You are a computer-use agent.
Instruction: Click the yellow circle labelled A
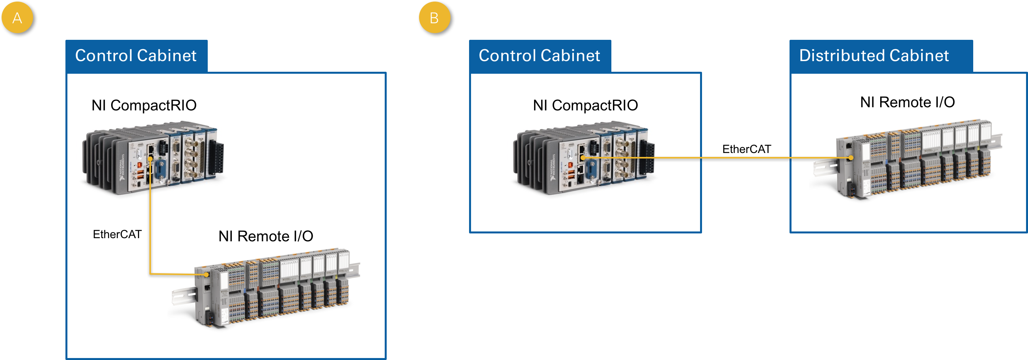pos(17,18)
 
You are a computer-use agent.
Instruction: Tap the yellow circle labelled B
pos(434,18)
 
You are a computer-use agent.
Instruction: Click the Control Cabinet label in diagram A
pos(136,56)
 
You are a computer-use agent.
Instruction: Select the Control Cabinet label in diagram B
pos(539,56)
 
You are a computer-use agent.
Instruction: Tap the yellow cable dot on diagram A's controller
pos(150,159)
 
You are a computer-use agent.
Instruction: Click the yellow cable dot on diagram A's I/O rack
pos(206,274)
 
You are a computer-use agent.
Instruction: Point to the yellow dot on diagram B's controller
pos(583,158)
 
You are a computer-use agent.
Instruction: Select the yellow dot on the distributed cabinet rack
pos(850,158)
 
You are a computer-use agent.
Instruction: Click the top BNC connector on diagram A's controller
pos(190,143)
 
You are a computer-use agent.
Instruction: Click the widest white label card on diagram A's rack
pos(289,269)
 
